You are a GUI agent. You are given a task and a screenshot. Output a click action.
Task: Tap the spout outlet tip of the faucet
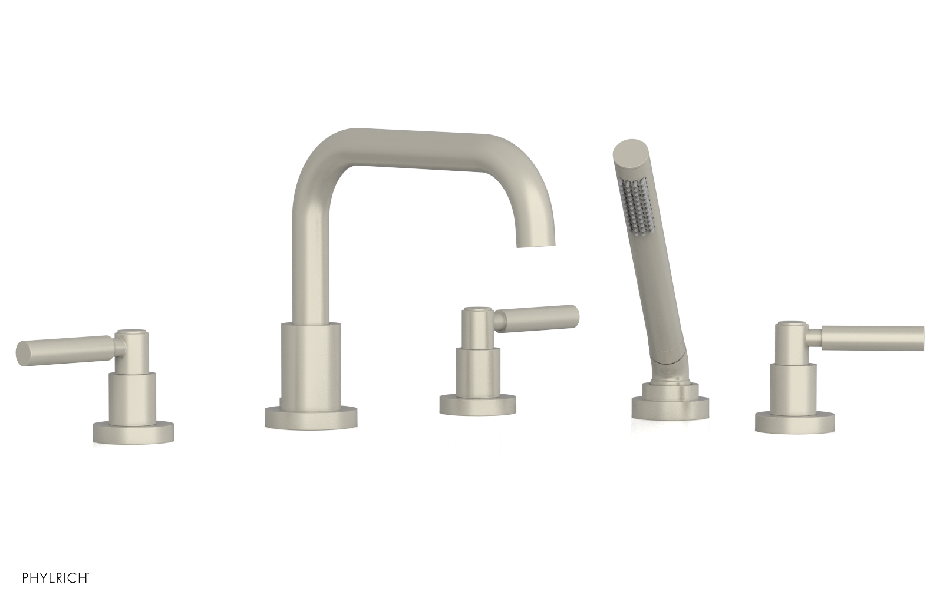(x=536, y=242)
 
